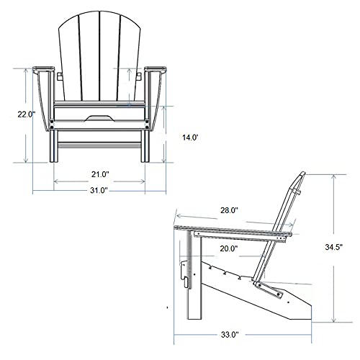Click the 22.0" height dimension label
[x=27, y=114]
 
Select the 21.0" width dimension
[x=99, y=174]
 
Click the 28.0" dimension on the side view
[x=229, y=211]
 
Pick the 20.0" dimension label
[x=229, y=248]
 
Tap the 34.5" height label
[x=333, y=246]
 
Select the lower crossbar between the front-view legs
[x=100, y=147]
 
